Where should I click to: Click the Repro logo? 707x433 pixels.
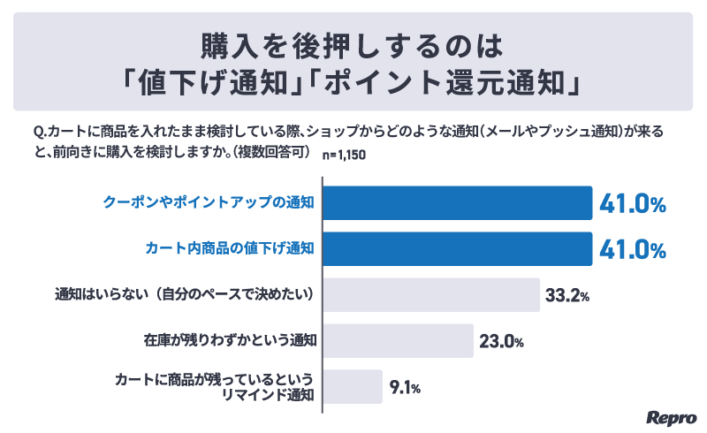pyautogui.click(x=672, y=415)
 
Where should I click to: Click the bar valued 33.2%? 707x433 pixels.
pyautogui.click(x=431, y=294)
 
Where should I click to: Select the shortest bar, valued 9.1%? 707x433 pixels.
pyautogui.click(x=353, y=386)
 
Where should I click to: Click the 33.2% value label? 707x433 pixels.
pyautogui.click(x=566, y=295)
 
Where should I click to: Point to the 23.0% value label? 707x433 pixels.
pyautogui.click(x=500, y=341)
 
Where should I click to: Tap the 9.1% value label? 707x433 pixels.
pyautogui.click(x=405, y=387)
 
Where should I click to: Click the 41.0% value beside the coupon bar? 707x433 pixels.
pyautogui.click(x=632, y=203)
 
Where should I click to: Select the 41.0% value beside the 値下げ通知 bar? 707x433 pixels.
pyautogui.click(x=632, y=250)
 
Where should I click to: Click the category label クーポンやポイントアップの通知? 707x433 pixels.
pyautogui.click(x=209, y=202)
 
